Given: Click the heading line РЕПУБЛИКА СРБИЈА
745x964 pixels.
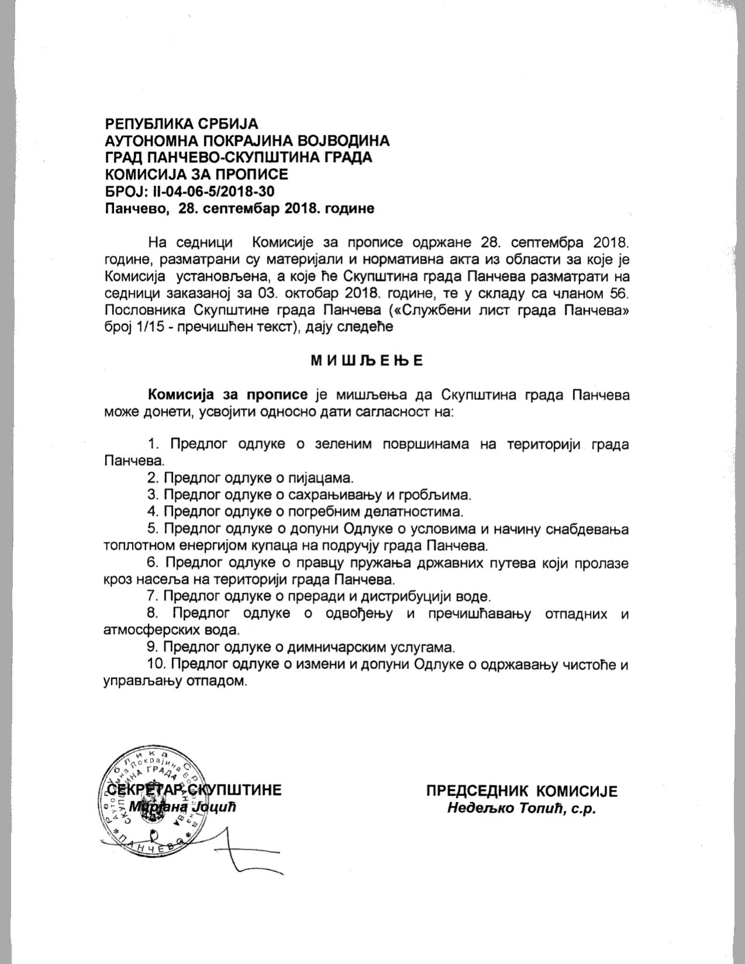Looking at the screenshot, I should [181, 124].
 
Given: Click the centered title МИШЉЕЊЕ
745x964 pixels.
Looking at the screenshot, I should [366, 360].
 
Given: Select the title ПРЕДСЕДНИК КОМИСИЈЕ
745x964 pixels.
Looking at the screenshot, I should [521, 791].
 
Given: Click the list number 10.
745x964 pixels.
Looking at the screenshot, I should [156, 664].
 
